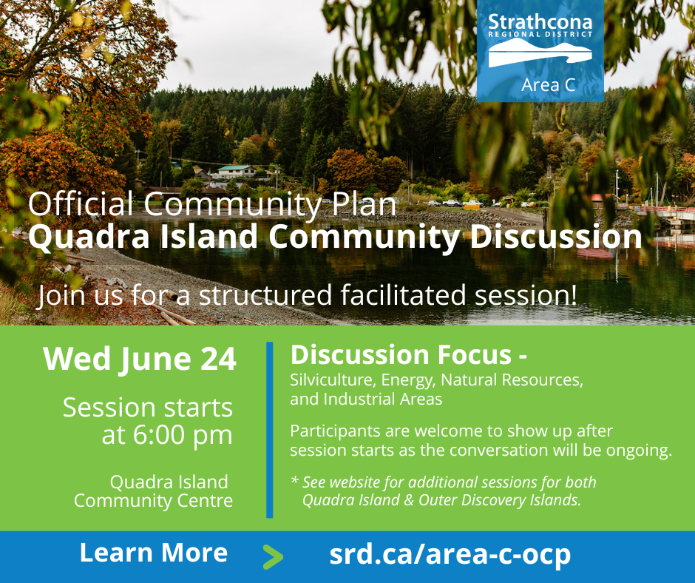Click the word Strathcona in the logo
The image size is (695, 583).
tap(540, 21)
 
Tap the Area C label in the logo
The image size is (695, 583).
tap(549, 85)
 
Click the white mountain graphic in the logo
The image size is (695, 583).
tap(540, 53)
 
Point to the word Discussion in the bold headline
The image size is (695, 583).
tap(556, 236)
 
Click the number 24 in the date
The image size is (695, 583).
tap(219, 359)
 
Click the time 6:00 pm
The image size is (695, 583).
tap(167, 435)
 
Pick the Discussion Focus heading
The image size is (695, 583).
tap(409, 355)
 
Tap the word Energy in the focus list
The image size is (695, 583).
tap(409, 381)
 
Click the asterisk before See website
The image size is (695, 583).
tap(295, 480)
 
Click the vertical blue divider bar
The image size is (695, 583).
tap(269, 430)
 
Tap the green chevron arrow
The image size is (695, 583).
tap(273, 556)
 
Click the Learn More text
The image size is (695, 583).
tap(153, 553)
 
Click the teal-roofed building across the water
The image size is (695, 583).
tap(237, 171)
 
